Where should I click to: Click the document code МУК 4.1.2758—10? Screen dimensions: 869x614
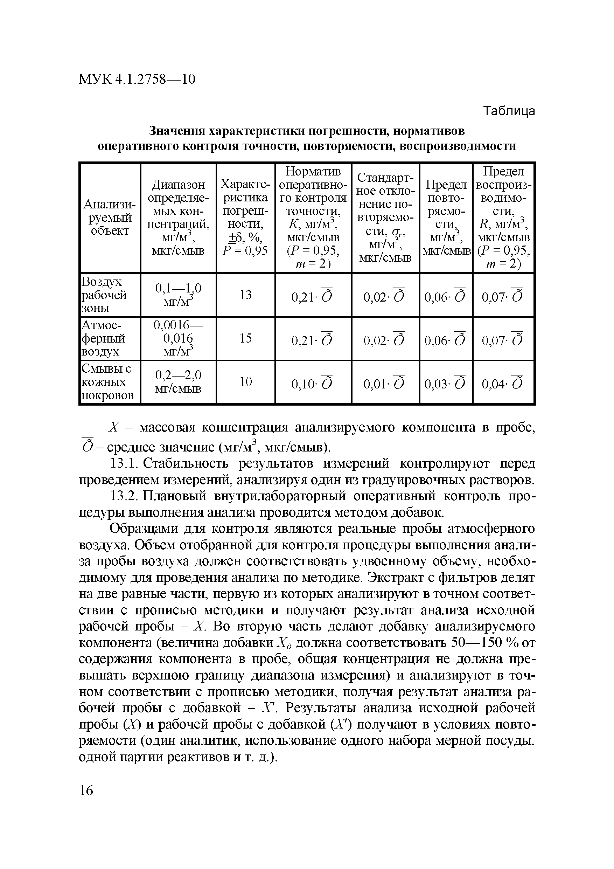(x=137, y=80)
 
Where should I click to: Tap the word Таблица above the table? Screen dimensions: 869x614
(x=509, y=111)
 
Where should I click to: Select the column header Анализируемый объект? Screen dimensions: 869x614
(x=109, y=218)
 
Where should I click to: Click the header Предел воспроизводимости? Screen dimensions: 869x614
(x=503, y=217)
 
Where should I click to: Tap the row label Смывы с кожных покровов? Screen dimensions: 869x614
(x=107, y=381)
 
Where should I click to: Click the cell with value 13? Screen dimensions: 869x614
(x=245, y=295)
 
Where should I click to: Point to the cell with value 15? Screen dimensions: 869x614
(x=245, y=338)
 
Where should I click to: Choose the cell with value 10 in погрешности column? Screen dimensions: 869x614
(x=245, y=381)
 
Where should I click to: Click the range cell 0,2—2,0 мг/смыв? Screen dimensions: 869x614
(x=178, y=381)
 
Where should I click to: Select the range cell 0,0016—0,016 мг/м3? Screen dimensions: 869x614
(x=178, y=338)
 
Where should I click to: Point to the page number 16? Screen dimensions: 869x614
(x=86, y=791)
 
